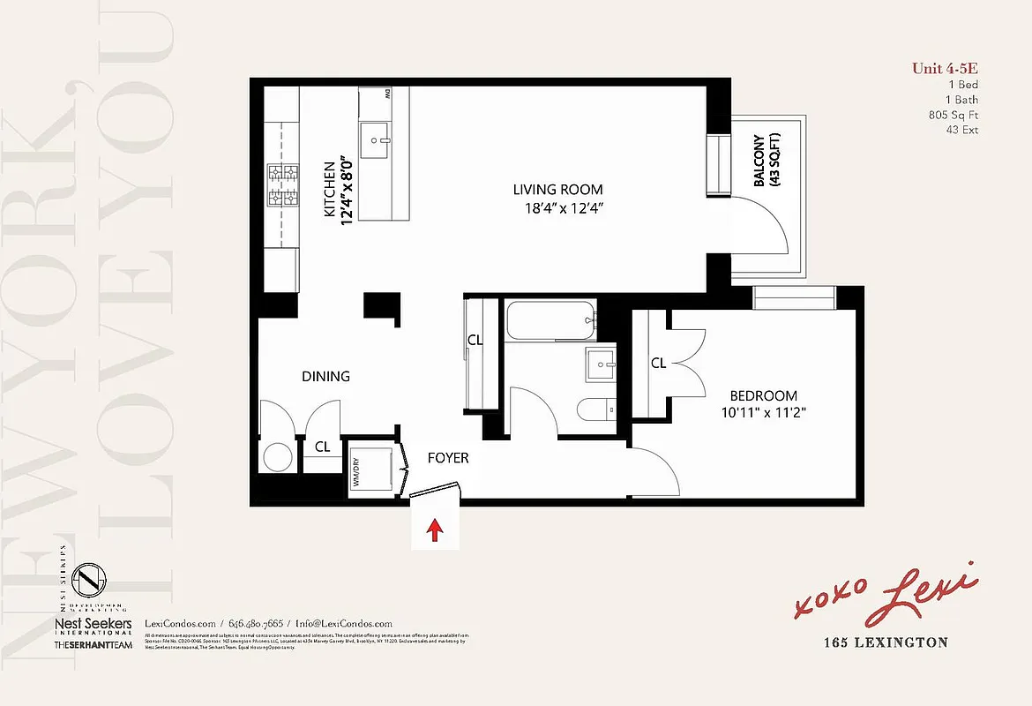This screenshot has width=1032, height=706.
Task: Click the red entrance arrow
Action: [434, 529]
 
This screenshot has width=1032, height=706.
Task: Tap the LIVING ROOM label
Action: [558, 190]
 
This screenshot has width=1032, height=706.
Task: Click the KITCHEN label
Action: [329, 190]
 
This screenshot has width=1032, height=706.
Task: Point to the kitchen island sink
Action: [381, 140]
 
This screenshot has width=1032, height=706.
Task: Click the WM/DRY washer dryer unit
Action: [371, 469]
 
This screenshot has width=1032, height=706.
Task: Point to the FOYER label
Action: [448, 458]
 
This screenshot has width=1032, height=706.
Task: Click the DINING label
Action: [325, 377]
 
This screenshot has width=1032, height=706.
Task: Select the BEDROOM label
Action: [763, 396]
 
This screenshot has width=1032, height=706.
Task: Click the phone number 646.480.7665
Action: [257, 623]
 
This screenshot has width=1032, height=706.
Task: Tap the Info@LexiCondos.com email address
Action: [344, 623]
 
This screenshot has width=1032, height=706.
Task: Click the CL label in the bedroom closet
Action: [658, 363]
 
